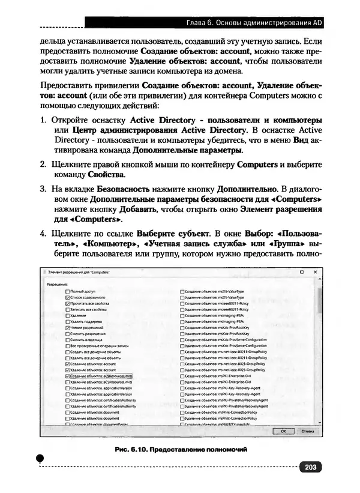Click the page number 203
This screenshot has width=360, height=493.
[x=310, y=467]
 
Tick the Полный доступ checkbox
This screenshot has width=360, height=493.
[x=67, y=291]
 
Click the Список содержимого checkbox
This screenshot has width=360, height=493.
[x=67, y=297]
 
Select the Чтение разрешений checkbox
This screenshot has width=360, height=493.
[x=67, y=328]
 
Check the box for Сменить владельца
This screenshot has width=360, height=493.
[x=67, y=340]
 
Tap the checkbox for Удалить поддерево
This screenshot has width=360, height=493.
[x=67, y=322]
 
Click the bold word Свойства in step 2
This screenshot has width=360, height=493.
[x=106, y=175]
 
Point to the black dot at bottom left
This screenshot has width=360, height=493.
[x=40, y=459]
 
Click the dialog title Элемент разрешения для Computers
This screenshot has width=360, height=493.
[x=79, y=273]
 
